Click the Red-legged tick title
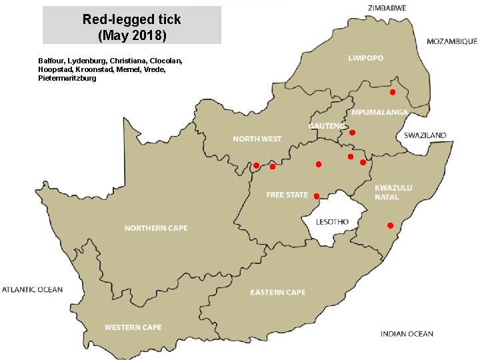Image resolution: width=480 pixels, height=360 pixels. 131,26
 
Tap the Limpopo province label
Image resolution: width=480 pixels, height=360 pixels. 366,58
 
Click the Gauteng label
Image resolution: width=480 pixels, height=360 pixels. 327,126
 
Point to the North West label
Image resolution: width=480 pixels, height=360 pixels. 257,139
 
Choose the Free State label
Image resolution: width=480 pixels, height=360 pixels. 287,195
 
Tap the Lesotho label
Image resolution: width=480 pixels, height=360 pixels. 333,221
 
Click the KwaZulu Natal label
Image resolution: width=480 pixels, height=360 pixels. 393,193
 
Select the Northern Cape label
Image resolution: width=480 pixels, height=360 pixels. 156,228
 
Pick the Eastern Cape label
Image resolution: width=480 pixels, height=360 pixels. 277,292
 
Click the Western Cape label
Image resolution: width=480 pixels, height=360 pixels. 133,327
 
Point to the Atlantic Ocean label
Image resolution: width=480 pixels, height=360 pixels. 32,289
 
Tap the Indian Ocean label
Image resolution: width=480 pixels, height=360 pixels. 407,334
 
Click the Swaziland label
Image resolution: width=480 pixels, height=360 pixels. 425,135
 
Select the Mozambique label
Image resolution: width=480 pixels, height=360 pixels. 451,41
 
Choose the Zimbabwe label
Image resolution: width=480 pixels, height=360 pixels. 387,7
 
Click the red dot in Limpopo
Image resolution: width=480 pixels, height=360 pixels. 393,91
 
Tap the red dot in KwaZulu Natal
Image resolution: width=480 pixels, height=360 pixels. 390,225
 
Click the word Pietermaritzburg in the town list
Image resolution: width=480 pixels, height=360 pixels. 67,79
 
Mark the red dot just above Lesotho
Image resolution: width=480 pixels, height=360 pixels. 316,195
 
